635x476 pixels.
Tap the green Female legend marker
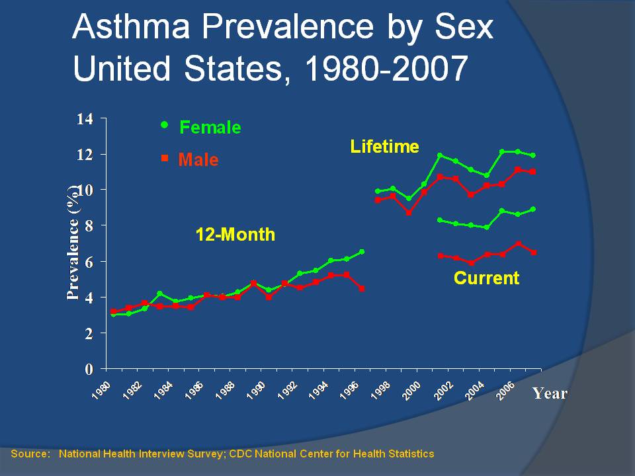pos(165,124)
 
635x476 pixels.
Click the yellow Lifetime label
pos(384,147)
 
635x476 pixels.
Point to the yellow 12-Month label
pos(235,235)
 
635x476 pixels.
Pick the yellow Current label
pos(486,278)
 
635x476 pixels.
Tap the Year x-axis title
pos(550,393)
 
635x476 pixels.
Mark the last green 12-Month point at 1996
pos(362,252)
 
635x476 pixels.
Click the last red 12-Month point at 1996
pos(362,288)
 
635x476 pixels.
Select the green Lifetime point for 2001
pos(440,155)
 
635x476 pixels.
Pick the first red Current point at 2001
pos(440,255)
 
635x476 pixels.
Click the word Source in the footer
pos(30,454)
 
